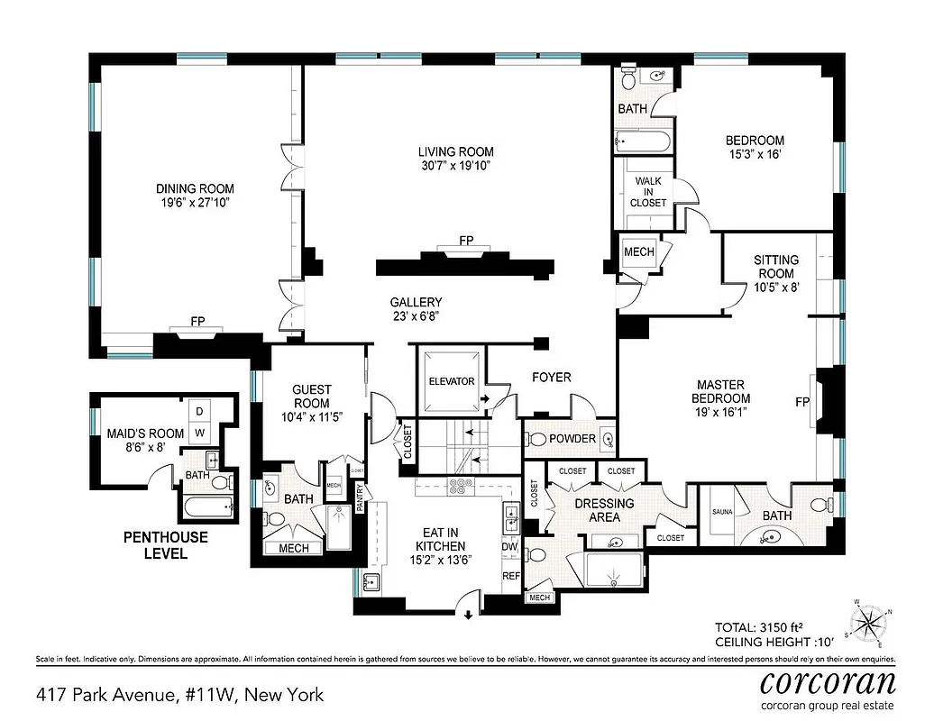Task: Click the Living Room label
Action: (x=455, y=151)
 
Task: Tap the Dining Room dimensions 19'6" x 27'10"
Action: (x=195, y=205)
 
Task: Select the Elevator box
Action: (x=451, y=381)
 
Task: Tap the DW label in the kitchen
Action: (x=509, y=546)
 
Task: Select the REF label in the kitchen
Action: (x=510, y=576)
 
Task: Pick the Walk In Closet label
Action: (x=649, y=192)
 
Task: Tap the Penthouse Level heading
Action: (x=165, y=545)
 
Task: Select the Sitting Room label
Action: (x=775, y=267)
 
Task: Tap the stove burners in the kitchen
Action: (x=462, y=487)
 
